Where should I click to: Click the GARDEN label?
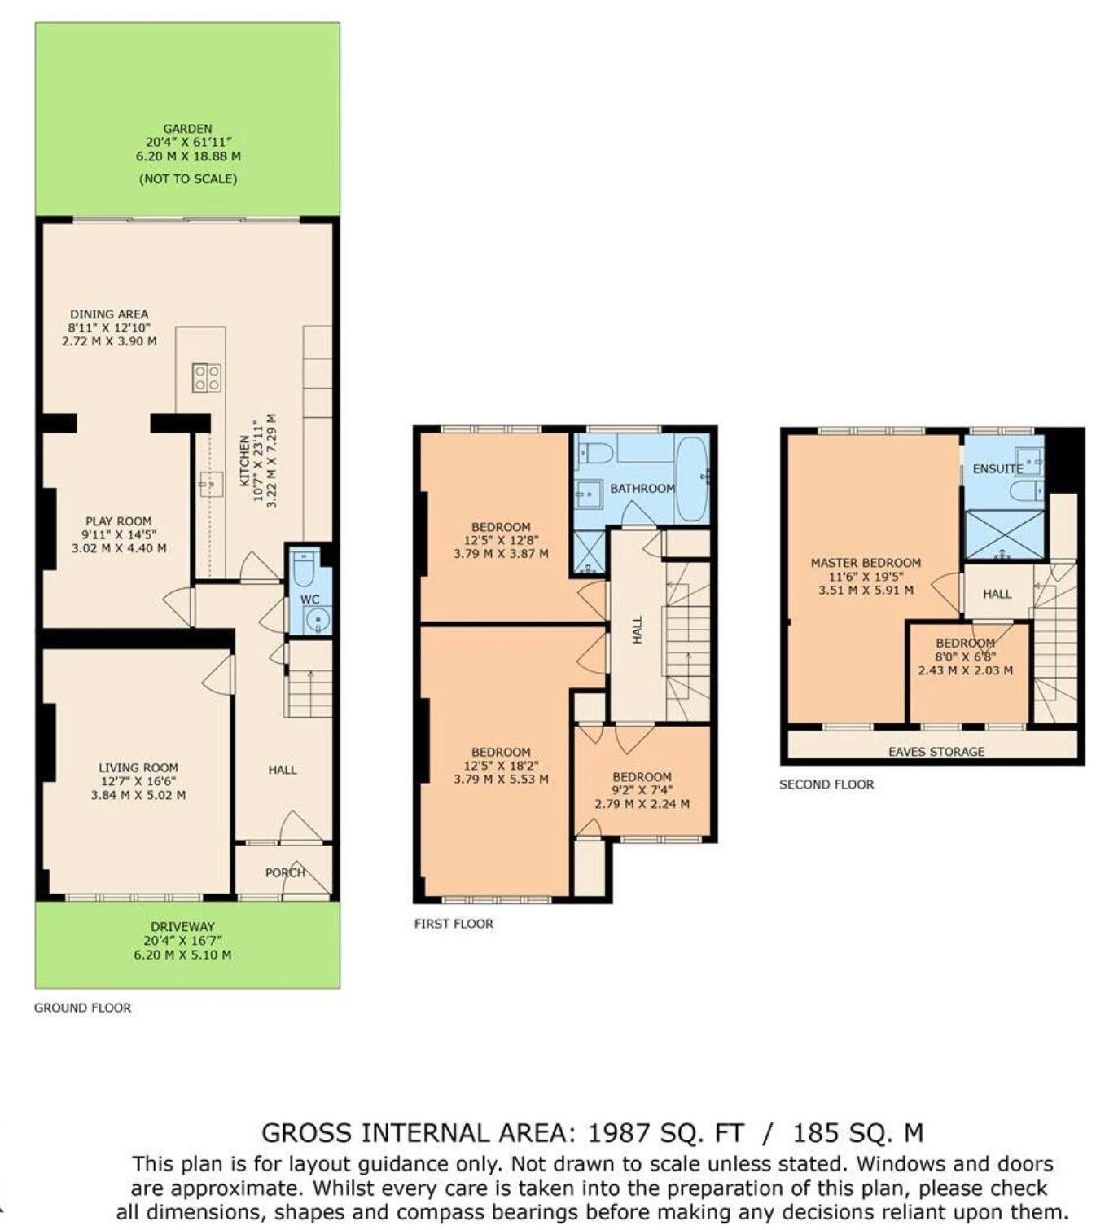pyautogui.click(x=187, y=129)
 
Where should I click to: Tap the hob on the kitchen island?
pyautogui.click(x=207, y=377)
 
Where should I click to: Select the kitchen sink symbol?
pyautogui.click(x=211, y=484)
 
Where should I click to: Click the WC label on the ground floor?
pyautogui.click(x=310, y=600)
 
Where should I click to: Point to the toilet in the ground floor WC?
pyautogui.click(x=304, y=568)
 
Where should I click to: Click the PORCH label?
pyautogui.click(x=285, y=872)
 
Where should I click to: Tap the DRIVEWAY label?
pyautogui.click(x=182, y=926)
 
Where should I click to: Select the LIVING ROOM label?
pyautogui.click(x=138, y=767)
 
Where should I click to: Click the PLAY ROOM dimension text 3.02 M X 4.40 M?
pyautogui.click(x=119, y=548)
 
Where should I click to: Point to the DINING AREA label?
pyautogui.click(x=109, y=314)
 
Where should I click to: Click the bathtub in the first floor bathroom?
pyautogui.click(x=692, y=478)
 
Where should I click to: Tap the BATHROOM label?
pyautogui.click(x=642, y=489)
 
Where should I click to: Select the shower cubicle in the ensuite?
pyautogui.click(x=1004, y=534)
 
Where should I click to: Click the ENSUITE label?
pyautogui.click(x=997, y=469)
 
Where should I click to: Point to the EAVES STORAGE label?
pyautogui.click(x=936, y=752)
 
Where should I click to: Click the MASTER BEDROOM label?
pyautogui.click(x=866, y=563)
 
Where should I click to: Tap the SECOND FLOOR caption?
pyautogui.click(x=826, y=784)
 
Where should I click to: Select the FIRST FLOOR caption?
pyautogui.click(x=454, y=924)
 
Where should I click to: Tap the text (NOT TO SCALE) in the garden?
pyautogui.click(x=188, y=178)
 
